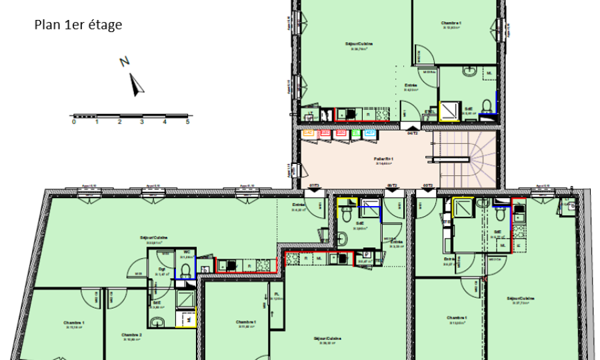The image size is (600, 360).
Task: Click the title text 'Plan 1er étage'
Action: tap(78, 25)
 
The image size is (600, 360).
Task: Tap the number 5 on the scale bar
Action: tap(188, 123)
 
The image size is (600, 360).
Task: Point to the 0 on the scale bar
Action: tap(74, 123)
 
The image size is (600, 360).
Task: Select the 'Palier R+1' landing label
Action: tap(383, 159)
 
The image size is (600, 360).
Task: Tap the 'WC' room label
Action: tap(187, 252)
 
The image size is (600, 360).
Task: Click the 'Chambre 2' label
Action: tap(132, 335)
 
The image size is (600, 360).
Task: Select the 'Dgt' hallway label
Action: tap(161, 269)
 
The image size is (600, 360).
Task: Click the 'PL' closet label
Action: tap(277, 294)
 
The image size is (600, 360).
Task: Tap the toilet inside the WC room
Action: tap(187, 269)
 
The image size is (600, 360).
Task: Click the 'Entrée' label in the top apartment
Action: tap(411, 86)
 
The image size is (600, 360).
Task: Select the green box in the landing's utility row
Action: tap(356, 133)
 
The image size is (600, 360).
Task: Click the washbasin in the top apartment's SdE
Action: tap(471, 70)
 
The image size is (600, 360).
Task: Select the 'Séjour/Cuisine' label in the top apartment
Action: tap(359, 44)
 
